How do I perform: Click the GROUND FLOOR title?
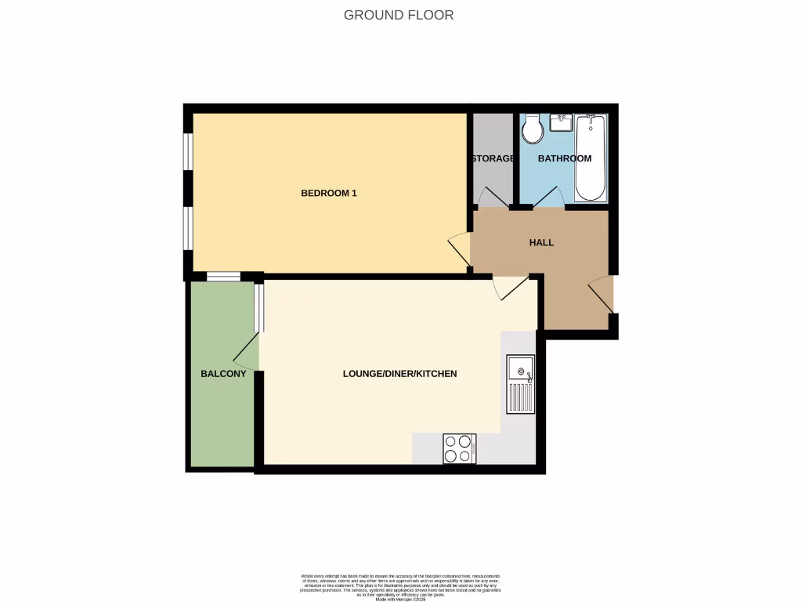(399, 15)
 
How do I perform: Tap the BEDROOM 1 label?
(329, 193)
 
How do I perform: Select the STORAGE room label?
(493, 158)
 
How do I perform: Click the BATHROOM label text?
(564, 158)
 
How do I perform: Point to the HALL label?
(541, 242)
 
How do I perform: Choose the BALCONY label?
(223, 374)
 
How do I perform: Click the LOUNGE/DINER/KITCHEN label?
(399, 374)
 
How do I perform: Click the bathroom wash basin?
(562, 122)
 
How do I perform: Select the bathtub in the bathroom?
(591, 158)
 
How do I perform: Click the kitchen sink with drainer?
(520, 384)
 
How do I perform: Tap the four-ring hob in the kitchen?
(459, 448)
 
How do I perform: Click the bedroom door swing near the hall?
(460, 248)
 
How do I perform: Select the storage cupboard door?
(493, 198)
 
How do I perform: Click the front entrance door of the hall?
(601, 295)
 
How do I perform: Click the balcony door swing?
(247, 351)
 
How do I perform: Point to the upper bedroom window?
(188, 151)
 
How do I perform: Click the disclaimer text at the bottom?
(400, 586)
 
